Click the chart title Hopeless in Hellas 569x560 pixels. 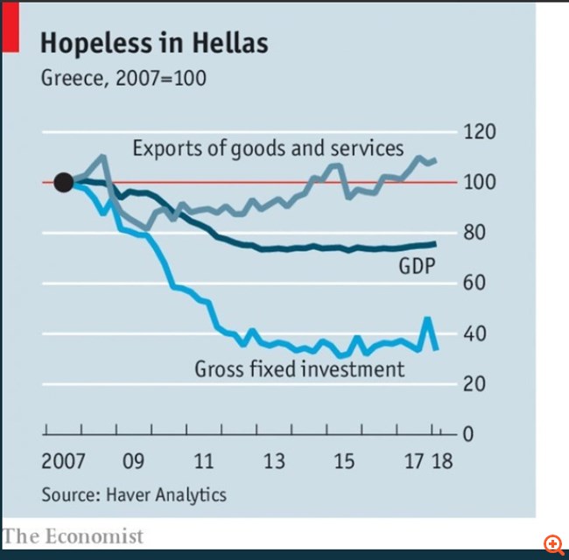tap(154, 43)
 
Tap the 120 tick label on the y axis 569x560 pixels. tap(479, 132)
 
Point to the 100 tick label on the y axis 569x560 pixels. tap(479, 183)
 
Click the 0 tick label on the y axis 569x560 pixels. tap(467, 434)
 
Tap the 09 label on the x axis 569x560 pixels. tap(133, 461)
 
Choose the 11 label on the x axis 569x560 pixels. tap(203, 461)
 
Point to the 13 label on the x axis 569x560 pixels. tap(274, 461)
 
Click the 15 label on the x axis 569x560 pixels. tap(345, 461)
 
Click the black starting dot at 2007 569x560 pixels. tap(63, 182)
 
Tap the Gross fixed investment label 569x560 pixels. tap(299, 368)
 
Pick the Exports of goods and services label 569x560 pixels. tap(268, 148)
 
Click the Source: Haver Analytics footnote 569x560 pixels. tap(133, 494)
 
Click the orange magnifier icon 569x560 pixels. tap(553, 544)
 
